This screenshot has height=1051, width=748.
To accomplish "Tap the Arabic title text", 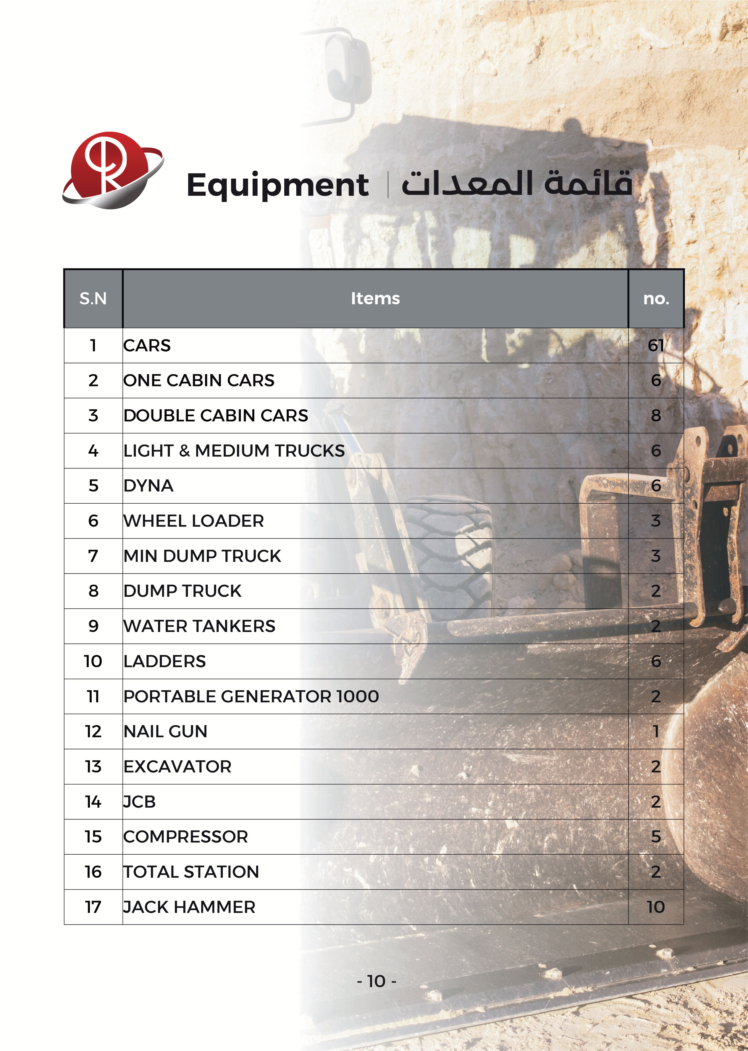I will [516, 183].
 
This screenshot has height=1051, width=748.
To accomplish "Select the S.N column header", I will [93, 298].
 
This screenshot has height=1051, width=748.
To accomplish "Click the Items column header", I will [375, 298].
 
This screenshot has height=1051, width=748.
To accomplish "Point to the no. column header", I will [656, 298].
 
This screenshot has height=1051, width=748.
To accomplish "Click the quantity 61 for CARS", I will [656, 345].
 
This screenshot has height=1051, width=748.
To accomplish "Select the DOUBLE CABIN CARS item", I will [216, 415].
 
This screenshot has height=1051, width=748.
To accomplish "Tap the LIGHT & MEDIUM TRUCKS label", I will [234, 450].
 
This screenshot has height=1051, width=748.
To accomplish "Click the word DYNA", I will [148, 486].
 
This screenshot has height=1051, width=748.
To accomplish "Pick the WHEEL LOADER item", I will [193, 521].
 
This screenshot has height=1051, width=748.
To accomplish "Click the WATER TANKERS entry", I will [199, 626].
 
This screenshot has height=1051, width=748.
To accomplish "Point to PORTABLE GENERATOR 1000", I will [251, 696].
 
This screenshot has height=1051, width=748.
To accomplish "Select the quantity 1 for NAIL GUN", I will [656, 731].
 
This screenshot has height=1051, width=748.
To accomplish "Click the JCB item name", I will [139, 802].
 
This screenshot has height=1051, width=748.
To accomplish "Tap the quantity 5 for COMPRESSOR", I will [656, 837].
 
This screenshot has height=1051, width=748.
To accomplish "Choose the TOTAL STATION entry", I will [191, 872].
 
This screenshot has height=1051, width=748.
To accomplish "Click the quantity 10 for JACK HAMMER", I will [656, 907].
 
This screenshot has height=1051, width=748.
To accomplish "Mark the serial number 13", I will [93, 767].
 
